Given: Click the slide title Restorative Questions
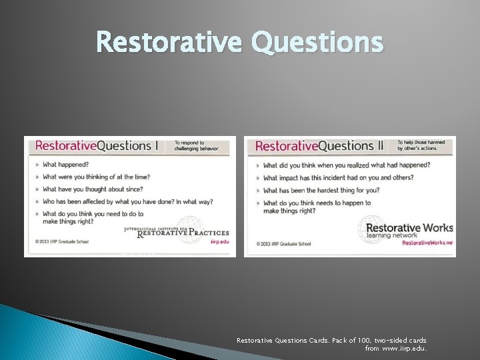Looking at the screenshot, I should [240, 43].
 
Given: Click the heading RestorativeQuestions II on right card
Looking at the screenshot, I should [319, 146].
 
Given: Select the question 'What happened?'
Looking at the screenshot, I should [65, 165].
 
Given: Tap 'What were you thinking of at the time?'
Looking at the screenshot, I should [96, 177].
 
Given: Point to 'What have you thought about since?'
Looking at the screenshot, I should [93, 189].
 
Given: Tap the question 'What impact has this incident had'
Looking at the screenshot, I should [338, 178].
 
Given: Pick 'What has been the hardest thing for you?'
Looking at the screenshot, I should [321, 191].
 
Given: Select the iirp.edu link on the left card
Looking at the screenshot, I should [219, 243].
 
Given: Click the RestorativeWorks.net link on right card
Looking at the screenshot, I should [427, 243].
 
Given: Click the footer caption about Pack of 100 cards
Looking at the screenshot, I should [331, 344].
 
